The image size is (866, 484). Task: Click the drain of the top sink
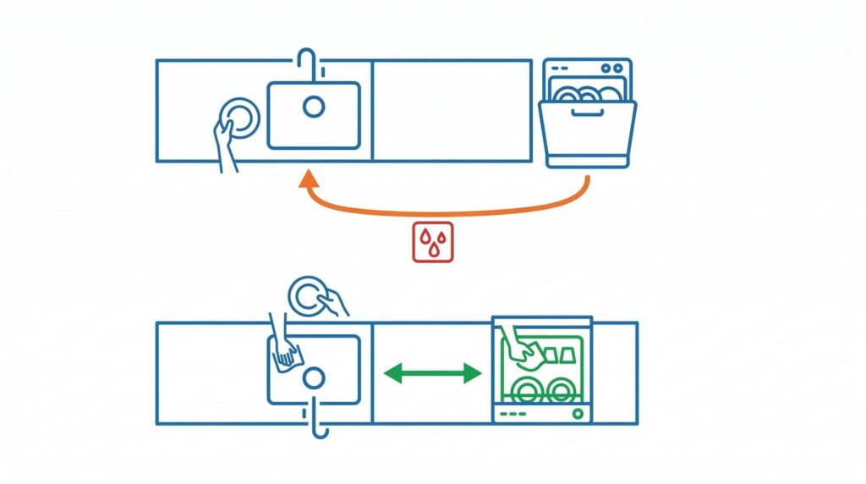click(x=314, y=107)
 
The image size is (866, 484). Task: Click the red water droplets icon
click(x=431, y=242)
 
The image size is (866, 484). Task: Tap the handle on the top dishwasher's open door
click(x=586, y=111)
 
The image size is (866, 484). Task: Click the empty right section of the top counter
click(x=452, y=110)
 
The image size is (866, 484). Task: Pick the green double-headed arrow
click(x=433, y=372)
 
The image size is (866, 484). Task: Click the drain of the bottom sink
click(x=314, y=377)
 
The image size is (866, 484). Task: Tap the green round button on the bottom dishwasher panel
click(x=578, y=413)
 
